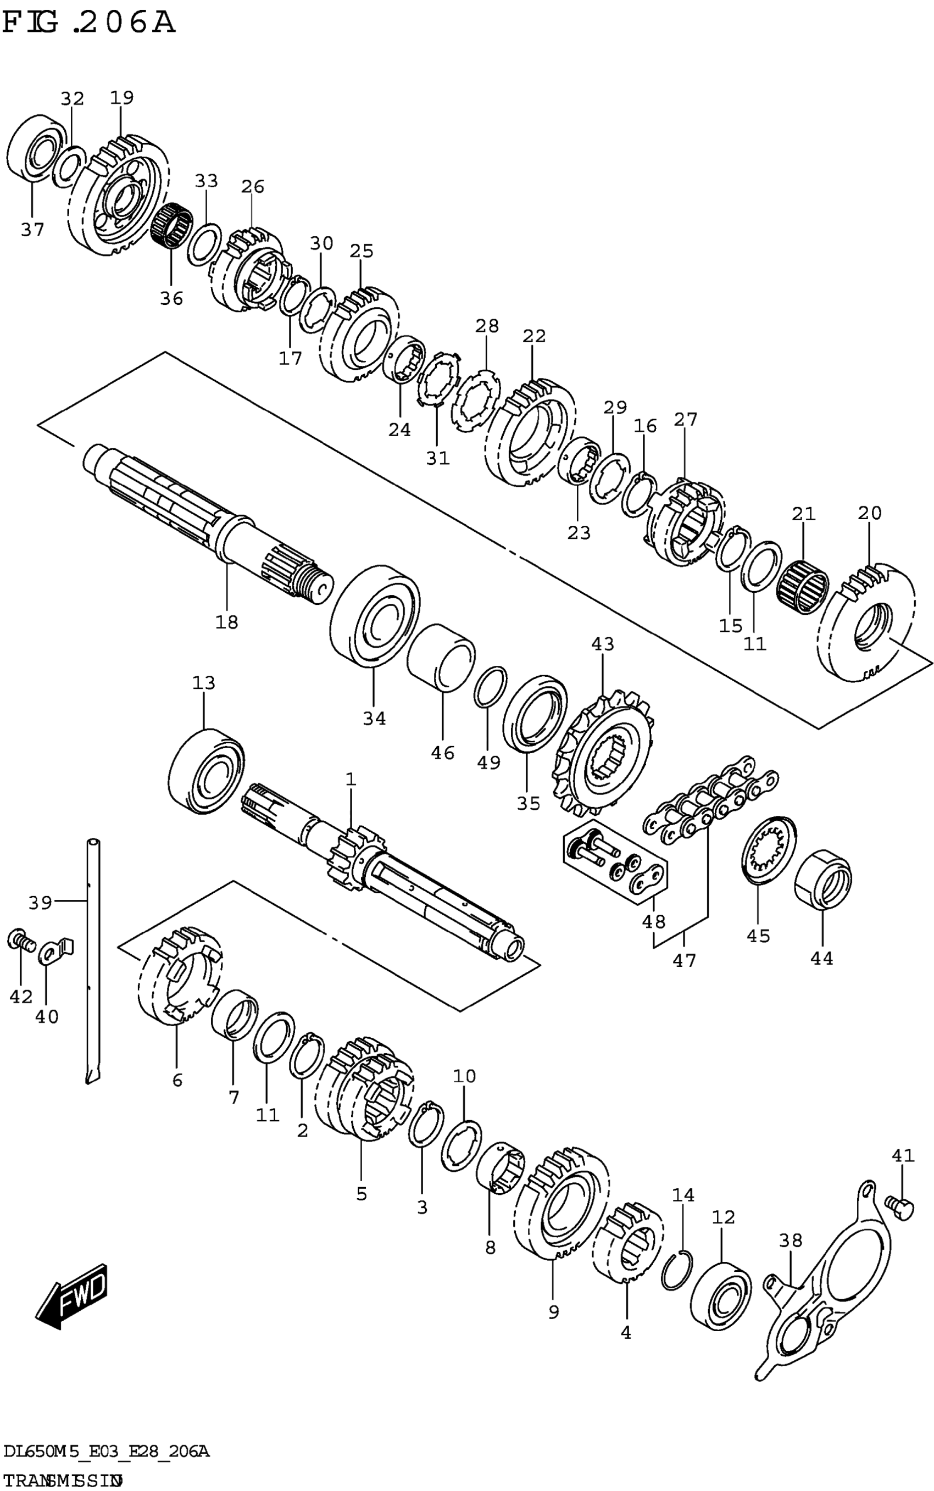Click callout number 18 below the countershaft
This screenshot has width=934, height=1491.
[x=227, y=621]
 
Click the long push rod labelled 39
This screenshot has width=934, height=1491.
[x=93, y=958]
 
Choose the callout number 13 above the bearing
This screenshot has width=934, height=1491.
[x=203, y=682]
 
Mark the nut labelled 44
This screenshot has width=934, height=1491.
[x=822, y=880]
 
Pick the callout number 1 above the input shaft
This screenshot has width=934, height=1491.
[x=351, y=780]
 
